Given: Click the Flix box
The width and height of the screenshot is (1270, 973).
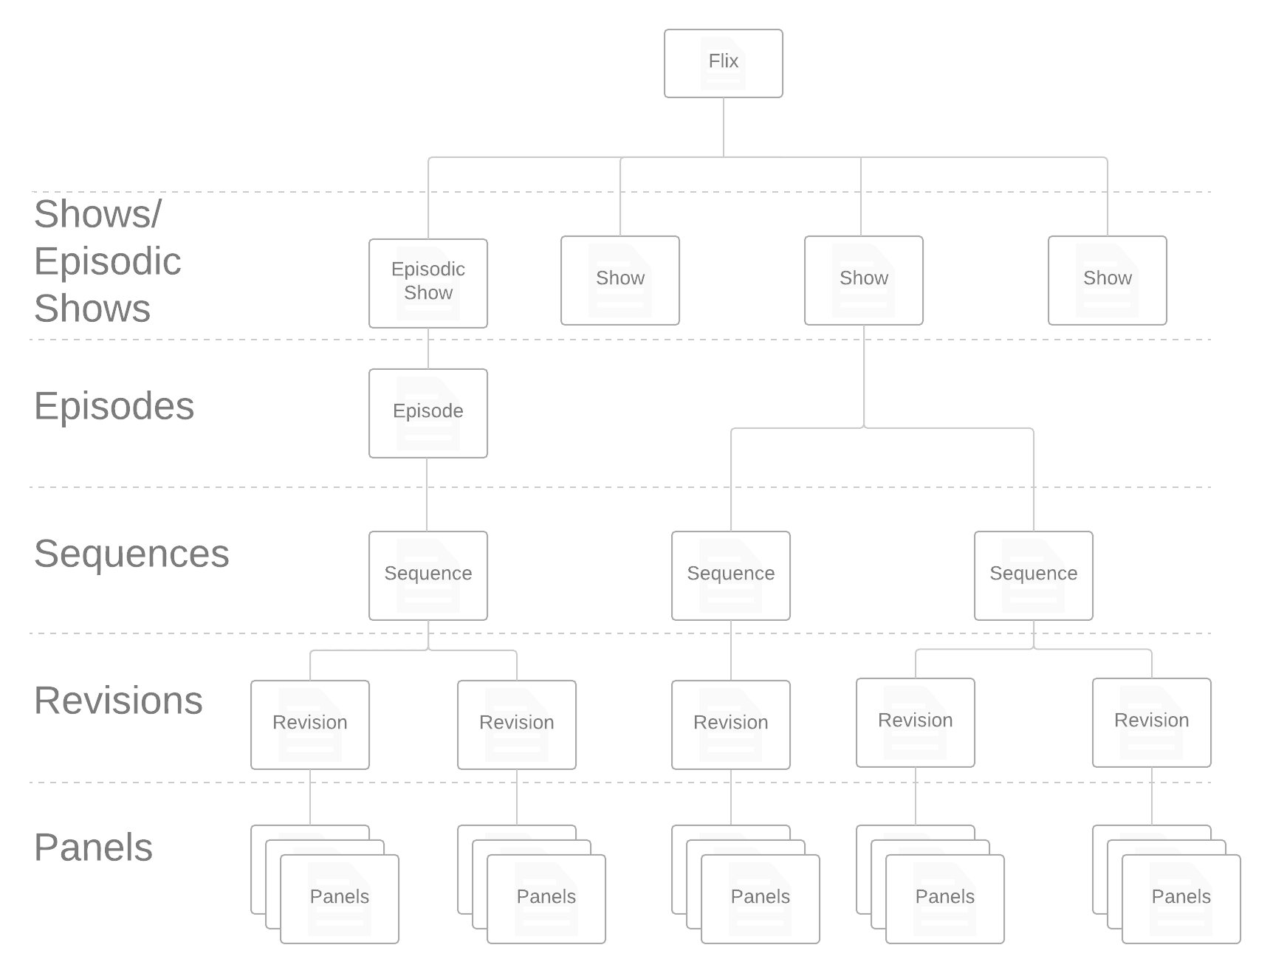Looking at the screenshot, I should point(724,63).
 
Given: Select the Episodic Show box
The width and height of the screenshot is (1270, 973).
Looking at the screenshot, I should point(428,282).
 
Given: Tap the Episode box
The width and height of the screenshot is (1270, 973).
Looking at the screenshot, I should point(428,413).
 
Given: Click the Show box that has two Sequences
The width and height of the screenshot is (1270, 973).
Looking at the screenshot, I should point(864,280).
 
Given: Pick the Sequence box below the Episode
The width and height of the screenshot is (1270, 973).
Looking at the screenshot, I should point(428,575).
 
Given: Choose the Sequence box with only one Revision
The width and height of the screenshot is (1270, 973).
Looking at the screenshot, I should point(731,575).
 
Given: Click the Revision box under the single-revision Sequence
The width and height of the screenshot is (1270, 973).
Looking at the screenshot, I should point(731,724).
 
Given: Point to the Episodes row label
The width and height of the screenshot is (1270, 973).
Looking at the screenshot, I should point(114,406).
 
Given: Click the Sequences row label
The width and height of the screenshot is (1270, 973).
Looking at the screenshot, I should point(131,554).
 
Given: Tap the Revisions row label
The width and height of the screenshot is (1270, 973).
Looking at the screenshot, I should point(118,701).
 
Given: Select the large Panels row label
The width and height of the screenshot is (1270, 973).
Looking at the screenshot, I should point(93,847).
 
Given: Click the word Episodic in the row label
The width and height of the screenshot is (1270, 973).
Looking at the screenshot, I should point(108,261).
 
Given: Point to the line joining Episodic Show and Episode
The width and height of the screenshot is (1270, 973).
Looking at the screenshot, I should point(428,348).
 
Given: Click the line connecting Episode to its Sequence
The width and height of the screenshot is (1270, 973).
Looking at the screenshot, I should point(428,494).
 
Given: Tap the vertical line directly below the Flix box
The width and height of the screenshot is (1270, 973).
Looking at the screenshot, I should point(724,126).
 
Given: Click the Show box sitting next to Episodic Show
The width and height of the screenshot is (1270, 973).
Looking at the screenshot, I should point(620,280).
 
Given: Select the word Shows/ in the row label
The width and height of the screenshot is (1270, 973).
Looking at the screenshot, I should point(97,214).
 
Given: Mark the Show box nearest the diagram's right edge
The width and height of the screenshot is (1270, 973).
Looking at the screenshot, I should point(1108,280).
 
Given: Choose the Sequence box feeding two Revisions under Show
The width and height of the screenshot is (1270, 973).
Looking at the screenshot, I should point(1034,575).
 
